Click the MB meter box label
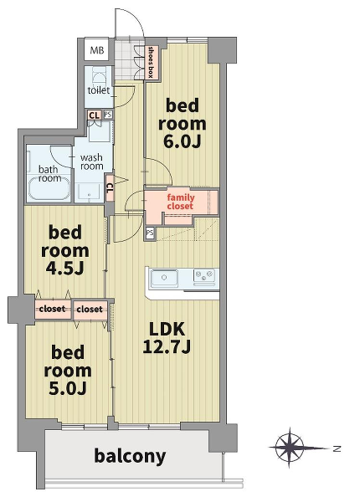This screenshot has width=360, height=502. (x=97, y=50)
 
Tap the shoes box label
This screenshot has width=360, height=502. (x=151, y=63)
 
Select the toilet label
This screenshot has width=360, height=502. (x=99, y=90)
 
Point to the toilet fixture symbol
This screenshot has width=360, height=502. (x=99, y=77)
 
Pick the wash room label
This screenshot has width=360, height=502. (x=91, y=161)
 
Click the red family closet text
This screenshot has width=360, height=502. (x=180, y=202)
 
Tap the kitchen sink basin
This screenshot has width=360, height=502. (x=165, y=278)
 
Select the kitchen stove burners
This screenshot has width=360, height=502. (x=204, y=275)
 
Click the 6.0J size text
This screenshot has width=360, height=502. (x=182, y=141)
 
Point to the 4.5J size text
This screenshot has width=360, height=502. (x=65, y=268)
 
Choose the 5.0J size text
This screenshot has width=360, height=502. (x=68, y=387)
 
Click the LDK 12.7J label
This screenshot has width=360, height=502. (x=167, y=338)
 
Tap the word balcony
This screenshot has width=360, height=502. (x=130, y=456)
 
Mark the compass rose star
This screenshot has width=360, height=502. (x=290, y=448)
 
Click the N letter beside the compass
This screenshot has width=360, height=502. (x=337, y=448)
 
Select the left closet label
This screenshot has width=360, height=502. (x=52, y=309)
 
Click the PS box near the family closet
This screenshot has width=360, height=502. (x=150, y=233)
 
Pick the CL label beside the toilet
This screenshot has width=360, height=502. (x=94, y=115)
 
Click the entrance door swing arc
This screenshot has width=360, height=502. (x=136, y=15)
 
